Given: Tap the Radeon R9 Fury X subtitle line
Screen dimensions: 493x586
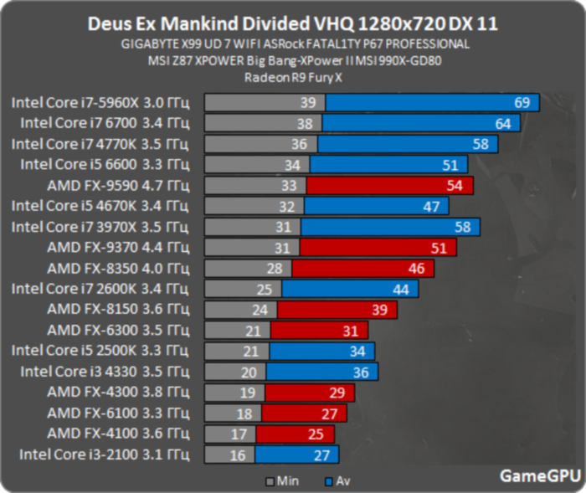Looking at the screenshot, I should [292, 77].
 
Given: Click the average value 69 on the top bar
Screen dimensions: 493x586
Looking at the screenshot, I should [522, 102].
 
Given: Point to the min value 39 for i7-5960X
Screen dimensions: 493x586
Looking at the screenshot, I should [307, 102].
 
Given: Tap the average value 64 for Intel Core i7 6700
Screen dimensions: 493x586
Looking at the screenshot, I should [502, 123].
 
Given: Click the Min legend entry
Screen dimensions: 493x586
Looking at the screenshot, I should [281, 481].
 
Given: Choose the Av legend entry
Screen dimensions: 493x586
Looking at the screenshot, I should [339, 481].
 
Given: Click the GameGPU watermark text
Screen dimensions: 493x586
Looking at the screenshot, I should [540, 475].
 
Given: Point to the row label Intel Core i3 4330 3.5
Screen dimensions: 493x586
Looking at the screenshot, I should [110, 372].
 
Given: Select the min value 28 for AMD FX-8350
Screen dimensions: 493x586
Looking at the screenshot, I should [274, 268].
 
